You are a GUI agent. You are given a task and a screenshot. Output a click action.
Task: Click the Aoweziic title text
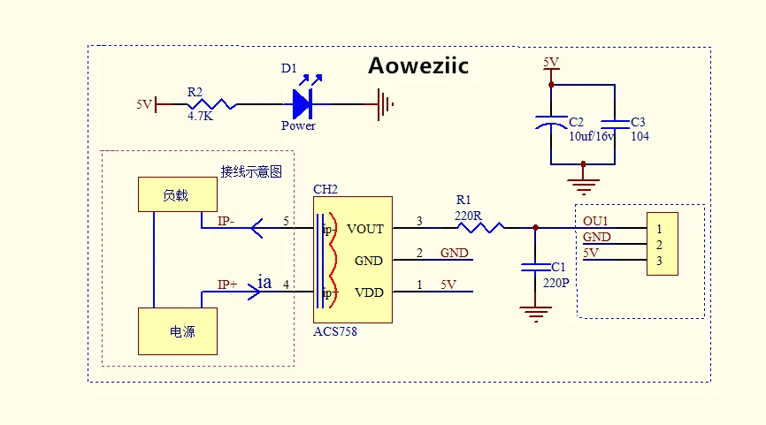(417, 66)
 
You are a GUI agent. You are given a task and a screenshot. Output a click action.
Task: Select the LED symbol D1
(302, 104)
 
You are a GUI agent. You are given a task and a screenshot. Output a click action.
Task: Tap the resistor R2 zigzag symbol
(211, 104)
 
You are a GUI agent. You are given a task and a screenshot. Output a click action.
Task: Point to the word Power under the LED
(298, 125)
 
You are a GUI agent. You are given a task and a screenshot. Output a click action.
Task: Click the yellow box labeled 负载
(176, 194)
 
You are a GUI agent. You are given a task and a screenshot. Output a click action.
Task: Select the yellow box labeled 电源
(177, 331)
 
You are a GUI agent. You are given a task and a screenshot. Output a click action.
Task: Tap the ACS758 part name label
(336, 330)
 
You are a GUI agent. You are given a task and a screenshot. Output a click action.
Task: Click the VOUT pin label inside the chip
(365, 229)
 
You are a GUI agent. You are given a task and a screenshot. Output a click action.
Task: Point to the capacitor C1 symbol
(534, 266)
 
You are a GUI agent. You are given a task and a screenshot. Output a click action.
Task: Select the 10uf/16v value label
(592, 136)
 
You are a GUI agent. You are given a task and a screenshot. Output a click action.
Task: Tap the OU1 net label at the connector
(595, 221)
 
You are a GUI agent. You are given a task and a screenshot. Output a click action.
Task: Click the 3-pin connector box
(663, 245)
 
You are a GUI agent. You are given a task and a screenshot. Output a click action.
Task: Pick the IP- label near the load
(226, 221)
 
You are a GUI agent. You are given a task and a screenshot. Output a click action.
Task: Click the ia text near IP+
(264, 283)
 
